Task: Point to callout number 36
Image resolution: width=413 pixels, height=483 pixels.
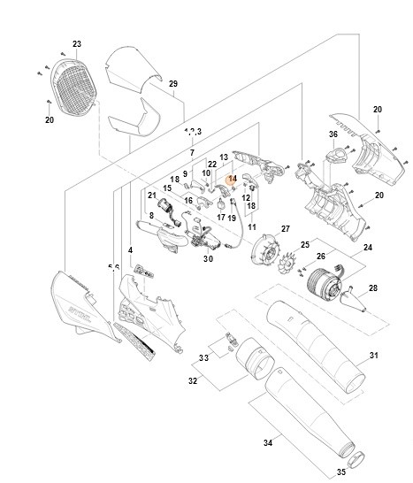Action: [x=333, y=134]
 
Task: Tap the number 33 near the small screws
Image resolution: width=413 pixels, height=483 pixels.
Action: [x=203, y=357]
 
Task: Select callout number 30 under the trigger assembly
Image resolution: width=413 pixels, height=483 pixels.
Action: [x=208, y=259]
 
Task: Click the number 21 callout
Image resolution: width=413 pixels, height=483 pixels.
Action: [x=152, y=195]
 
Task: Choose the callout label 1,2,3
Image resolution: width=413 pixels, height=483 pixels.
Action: [x=193, y=131]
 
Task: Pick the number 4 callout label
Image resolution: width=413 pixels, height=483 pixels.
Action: [x=131, y=250]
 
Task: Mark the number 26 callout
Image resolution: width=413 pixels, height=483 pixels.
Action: [x=322, y=257]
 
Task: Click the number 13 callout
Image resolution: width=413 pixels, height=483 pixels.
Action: [x=224, y=156]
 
